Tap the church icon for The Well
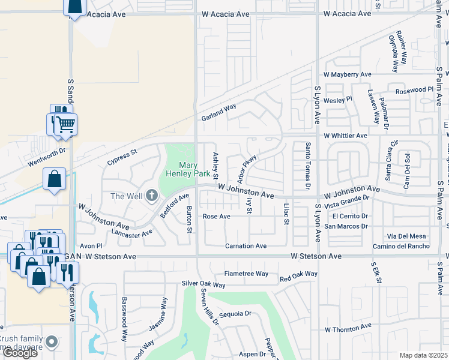tap(151, 195)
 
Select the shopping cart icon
tap(66, 125)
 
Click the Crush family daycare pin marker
tap(52, 342)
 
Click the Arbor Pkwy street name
tap(247, 169)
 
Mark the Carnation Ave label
tap(246, 246)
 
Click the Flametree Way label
tap(246, 274)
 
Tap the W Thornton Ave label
tap(348, 329)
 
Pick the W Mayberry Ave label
tap(348, 74)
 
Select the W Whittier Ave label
tap(345, 136)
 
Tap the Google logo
tap(20, 353)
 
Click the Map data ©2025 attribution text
tap(423, 355)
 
